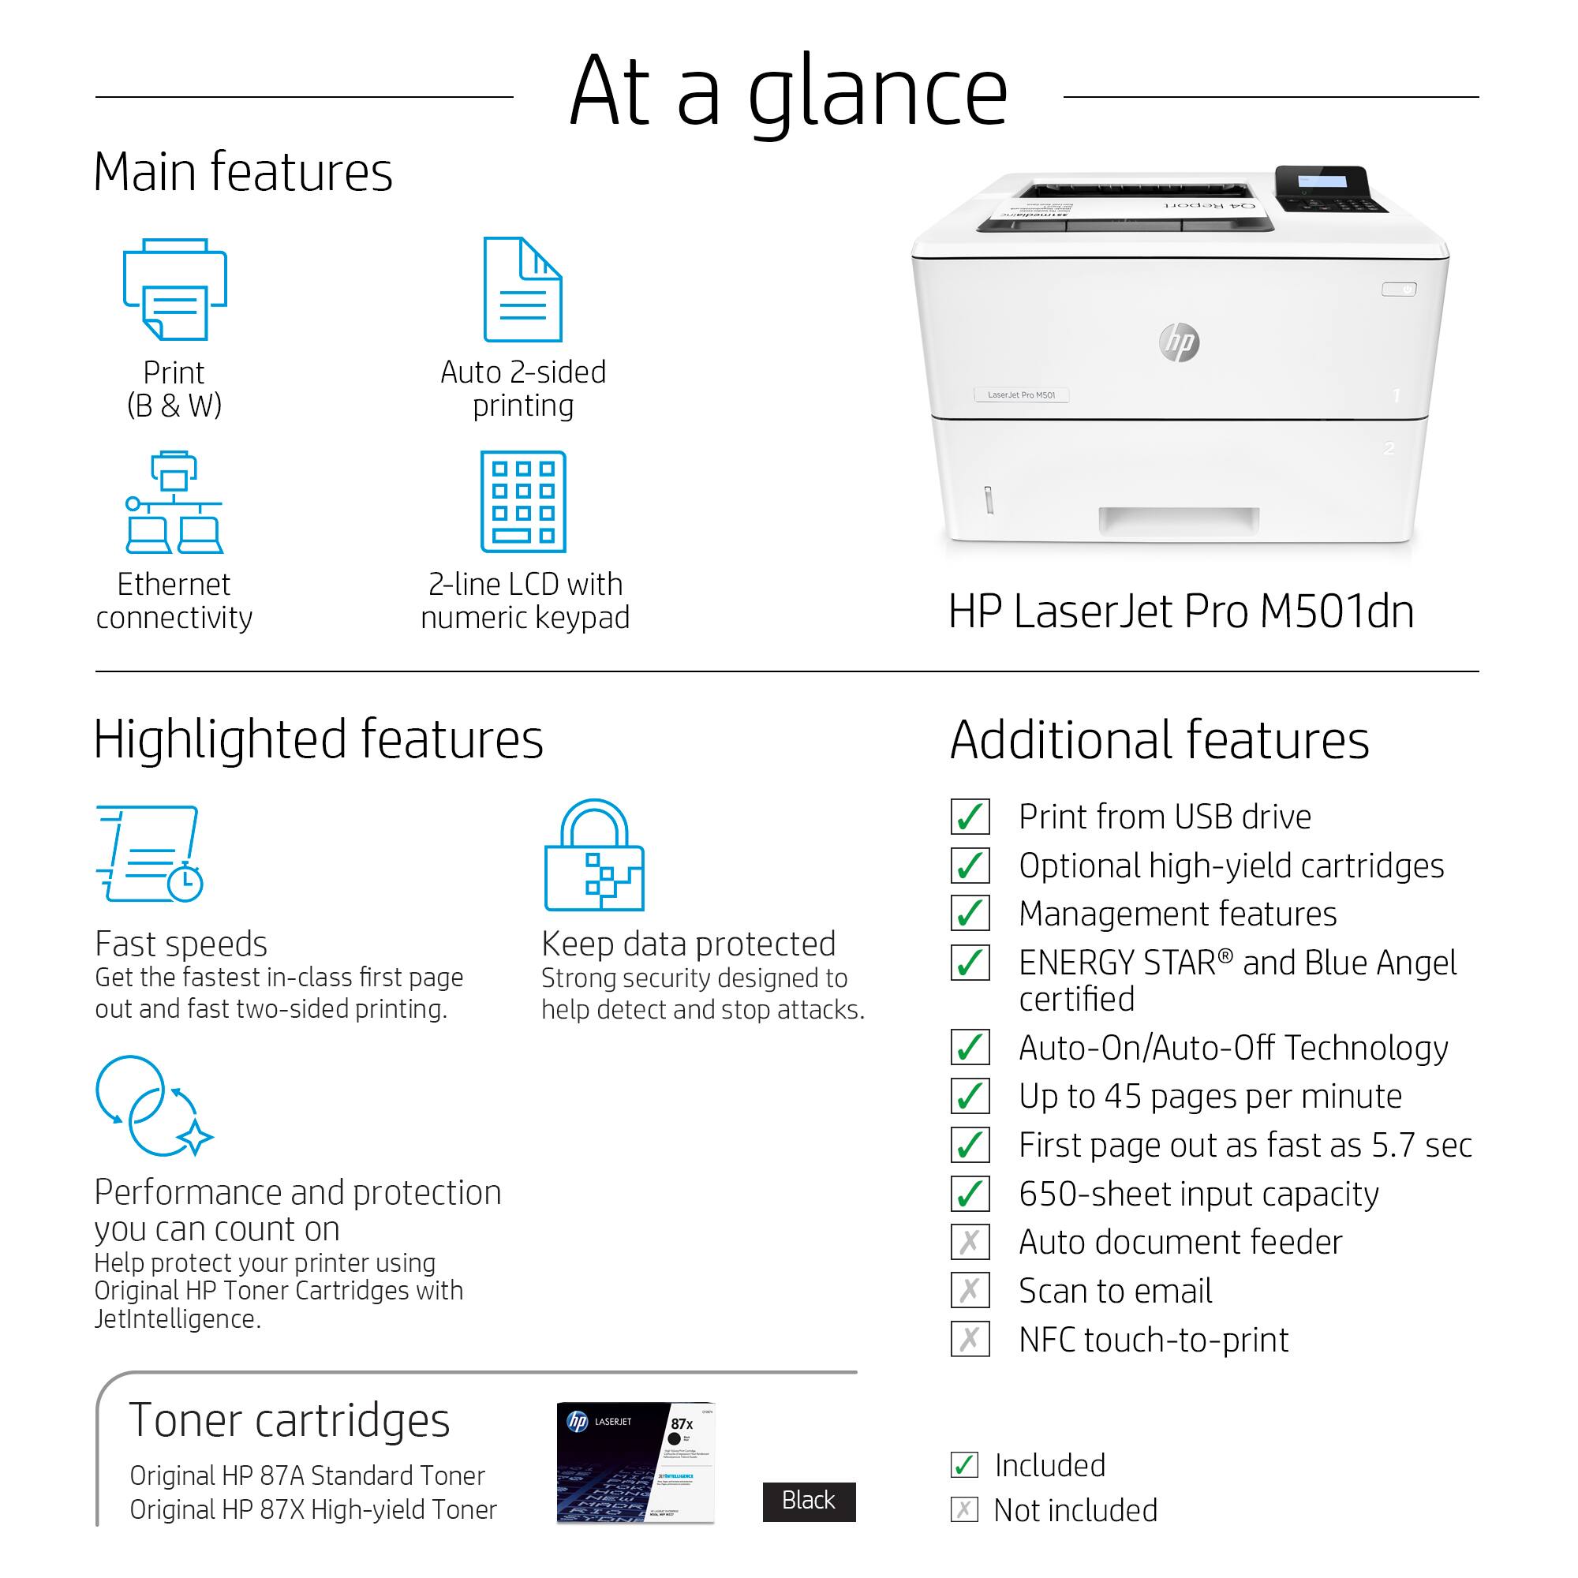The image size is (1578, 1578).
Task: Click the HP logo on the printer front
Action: (x=1179, y=342)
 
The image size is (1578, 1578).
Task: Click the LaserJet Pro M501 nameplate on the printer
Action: (x=1021, y=395)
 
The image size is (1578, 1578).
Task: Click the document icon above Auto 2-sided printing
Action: (x=523, y=289)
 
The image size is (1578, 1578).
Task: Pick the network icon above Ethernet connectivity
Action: (x=174, y=502)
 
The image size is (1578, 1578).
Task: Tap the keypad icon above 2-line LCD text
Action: (x=523, y=502)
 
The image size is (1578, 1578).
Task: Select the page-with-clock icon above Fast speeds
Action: (x=149, y=854)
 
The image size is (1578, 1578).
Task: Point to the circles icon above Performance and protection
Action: (x=153, y=1106)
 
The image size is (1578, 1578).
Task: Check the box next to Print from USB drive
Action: (x=970, y=817)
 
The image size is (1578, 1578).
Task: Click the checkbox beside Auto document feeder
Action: (x=970, y=1243)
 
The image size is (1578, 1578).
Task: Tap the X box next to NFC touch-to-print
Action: (x=970, y=1340)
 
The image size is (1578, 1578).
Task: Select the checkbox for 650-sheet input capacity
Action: (x=970, y=1194)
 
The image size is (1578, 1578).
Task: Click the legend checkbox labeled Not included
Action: (x=965, y=1509)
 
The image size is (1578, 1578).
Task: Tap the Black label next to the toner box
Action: (x=809, y=1501)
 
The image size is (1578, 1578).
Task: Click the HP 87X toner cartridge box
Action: (x=635, y=1462)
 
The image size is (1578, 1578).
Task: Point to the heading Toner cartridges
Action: (x=289, y=1419)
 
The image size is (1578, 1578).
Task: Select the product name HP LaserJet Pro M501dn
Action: (x=1180, y=611)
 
